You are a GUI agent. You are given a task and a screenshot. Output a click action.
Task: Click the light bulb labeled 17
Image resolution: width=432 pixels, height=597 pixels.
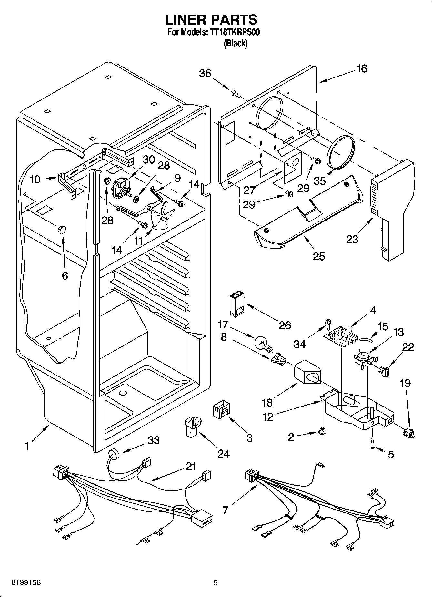pos(263,343)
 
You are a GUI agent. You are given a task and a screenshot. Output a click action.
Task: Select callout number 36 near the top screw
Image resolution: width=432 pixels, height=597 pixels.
pos(205,73)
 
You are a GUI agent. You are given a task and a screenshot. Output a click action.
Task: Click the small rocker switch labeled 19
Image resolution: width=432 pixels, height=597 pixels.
pos(409,434)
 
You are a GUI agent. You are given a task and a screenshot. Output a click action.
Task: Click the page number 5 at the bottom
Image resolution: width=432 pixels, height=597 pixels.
pos(216,583)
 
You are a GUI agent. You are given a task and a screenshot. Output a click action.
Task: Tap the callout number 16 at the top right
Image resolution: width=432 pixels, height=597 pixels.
pos(362,68)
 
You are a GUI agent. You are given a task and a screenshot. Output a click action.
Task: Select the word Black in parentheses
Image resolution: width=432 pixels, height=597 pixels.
pos(236,44)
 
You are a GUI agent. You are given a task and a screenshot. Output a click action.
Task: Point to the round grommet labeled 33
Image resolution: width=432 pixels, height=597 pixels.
pos(114,454)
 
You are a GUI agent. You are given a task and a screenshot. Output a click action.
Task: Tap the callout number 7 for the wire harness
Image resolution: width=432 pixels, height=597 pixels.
pos(225,510)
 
